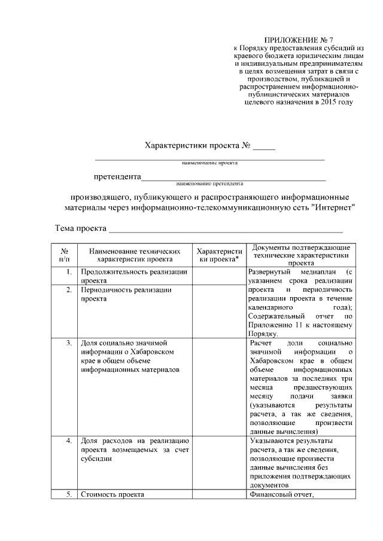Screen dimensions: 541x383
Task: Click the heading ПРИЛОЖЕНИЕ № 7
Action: [x=297, y=39]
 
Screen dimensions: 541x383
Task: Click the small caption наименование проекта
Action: [x=210, y=163]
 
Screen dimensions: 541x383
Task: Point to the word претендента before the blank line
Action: [x=117, y=177]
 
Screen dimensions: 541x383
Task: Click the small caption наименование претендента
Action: [x=210, y=184]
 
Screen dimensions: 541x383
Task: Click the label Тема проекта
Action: [x=81, y=228]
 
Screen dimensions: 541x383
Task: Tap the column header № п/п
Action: [x=64, y=255]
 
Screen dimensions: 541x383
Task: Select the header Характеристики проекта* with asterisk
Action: [x=219, y=255]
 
